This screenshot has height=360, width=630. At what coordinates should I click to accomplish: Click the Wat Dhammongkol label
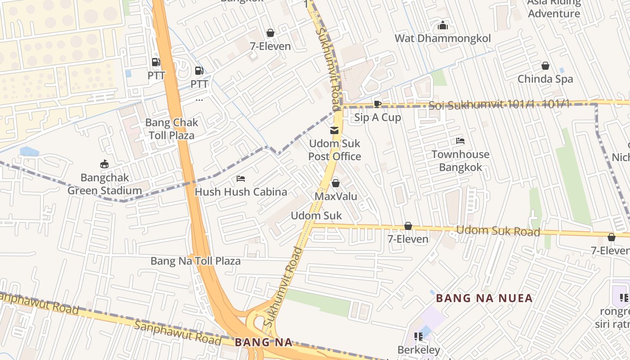(442, 38)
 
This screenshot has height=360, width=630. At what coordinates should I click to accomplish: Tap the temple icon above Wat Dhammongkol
(443, 25)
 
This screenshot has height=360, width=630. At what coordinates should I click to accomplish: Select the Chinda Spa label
(545, 79)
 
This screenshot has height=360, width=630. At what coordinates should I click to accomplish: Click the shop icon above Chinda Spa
(545, 66)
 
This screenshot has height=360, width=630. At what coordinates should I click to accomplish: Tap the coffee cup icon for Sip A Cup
(378, 104)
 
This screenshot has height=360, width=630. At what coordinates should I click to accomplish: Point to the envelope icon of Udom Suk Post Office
(334, 130)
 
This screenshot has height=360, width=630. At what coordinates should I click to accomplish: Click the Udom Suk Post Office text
(335, 150)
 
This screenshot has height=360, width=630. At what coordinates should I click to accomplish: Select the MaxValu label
(336, 197)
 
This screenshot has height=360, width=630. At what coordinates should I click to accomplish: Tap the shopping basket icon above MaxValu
(335, 183)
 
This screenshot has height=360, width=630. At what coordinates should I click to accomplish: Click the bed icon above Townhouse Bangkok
(460, 141)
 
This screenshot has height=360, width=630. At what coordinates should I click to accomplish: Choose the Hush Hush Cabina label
(241, 192)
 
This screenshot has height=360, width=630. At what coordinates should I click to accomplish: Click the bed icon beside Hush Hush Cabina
(241, 179)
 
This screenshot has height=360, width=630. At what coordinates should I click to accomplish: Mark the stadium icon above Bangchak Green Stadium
(104, 164)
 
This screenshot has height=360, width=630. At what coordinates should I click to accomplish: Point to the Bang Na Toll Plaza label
(195, 261)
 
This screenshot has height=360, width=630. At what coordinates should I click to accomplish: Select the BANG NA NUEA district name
(484, 298)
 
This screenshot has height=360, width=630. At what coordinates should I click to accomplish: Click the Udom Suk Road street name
(498, 231)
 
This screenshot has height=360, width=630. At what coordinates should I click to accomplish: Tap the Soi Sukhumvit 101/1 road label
(499, 105)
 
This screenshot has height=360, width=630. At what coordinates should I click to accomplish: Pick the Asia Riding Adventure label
(553, 8)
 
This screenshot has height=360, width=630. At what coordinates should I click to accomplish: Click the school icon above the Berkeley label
(418, 337)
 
